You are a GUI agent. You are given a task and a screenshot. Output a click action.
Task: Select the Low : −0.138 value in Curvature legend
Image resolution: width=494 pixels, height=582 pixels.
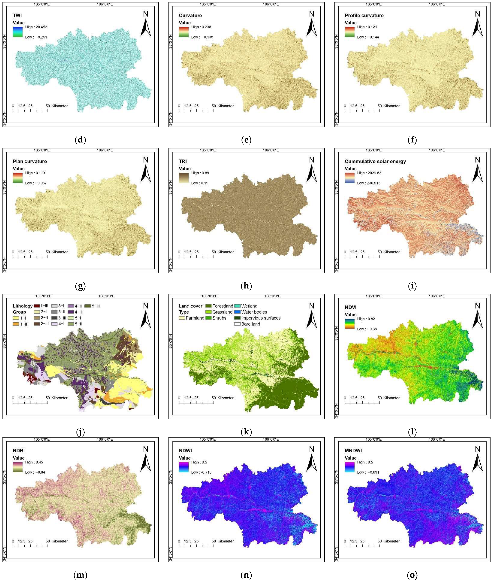coord(202,37)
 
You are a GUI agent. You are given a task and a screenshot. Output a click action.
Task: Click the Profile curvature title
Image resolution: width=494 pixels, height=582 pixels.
coord(364,16)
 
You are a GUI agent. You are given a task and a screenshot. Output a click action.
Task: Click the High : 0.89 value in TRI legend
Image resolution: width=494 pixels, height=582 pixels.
coord(200,173)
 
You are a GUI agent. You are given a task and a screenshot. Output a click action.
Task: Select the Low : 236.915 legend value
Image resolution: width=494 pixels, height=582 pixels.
coord(369,183)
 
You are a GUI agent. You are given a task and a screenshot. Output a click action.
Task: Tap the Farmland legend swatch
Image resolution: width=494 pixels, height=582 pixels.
coord(182,318)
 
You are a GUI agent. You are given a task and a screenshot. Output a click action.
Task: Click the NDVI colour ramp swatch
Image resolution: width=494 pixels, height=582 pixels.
coord(350,324)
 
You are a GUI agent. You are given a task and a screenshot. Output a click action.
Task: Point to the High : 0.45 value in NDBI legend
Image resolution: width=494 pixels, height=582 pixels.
coord(34,462)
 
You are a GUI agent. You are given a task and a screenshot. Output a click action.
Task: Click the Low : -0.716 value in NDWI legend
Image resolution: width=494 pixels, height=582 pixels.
coord(201,472)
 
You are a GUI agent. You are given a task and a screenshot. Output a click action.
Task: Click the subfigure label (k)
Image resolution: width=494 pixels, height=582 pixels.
coord(246,432)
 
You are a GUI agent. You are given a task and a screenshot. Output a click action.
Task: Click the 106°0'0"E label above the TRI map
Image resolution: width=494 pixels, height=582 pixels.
coord(270,150)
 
